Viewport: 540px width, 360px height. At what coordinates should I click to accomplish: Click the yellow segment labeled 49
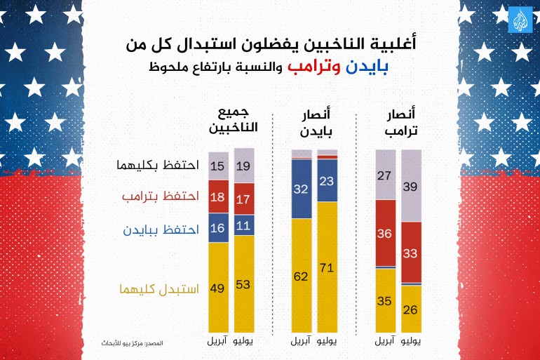coord(218,288)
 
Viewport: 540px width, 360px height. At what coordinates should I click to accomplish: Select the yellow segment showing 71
coord(328,267)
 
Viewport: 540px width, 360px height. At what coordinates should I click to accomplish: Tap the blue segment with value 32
coord(302,189)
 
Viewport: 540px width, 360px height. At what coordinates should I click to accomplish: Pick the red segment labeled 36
coord(385,233)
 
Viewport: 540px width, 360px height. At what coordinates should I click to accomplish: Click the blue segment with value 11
coord(244,226)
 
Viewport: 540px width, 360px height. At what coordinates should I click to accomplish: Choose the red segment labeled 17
coord(244,199)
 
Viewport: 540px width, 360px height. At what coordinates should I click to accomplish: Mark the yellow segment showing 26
coord(411,308)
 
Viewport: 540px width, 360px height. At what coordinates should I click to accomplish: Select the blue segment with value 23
coord(328,180)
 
